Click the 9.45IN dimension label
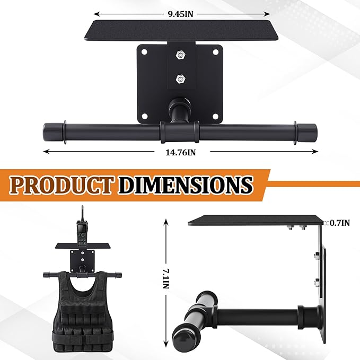pyautogui.click(x=181, y=14)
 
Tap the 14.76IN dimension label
pyautogui.click(x=181, y=153)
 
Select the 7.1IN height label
pyautogui.click(x=166, y=278)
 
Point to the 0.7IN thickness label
pyautogui.click(x=340, y=223)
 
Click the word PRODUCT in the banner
pyautogui.click(x=62, y=185)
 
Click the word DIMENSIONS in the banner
pyautogui.click(x=185, y=185)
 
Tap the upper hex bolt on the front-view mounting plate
pyautogui.click(x=180, y=55)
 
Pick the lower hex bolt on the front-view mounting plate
pyautogui.click(x=180, y=79)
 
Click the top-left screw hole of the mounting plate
pyautogui.click(x=144, y=52)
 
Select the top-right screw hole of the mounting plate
pyautogui.click(x=216, y=52)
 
